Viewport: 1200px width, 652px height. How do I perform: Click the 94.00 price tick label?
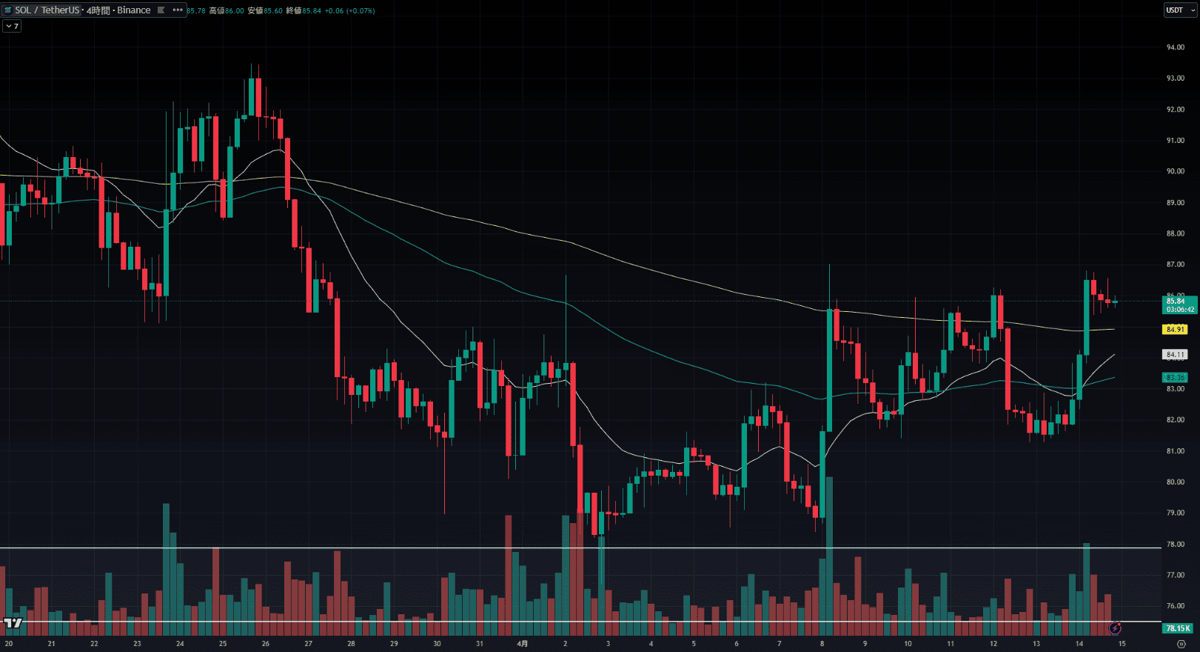click(1175, 47)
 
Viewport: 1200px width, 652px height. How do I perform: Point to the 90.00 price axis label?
click(1175, 171)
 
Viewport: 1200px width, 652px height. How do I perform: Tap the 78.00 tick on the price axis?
click(1175, 544)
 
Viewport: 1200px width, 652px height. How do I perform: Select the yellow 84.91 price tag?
click(1175, 329)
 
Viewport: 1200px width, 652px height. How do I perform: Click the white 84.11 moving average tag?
click(1175, 355)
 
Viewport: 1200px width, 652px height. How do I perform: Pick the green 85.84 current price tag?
click(1177, 302)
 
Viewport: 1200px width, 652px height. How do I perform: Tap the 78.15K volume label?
click(1177, 628)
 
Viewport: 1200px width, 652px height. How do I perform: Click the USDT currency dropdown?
click(1179, 10)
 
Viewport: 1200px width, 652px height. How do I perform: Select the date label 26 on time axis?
click(266, 644)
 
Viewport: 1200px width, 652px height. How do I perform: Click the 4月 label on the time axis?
click(523, 644)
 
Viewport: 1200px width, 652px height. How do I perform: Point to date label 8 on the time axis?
click(822, 644)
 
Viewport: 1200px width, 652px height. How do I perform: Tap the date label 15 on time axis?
click(1122, 644)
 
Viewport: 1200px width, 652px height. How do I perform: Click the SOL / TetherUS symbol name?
click(47, 10)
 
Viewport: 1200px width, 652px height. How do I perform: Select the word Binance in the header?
click(133, 10)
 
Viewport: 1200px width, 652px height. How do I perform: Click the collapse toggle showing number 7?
click(12, 26)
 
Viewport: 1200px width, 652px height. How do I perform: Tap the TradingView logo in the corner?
click(13, 623)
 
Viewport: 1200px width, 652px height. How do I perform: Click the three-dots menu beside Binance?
click(178, 10)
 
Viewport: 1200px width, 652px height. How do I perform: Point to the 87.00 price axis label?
click(1175, 265)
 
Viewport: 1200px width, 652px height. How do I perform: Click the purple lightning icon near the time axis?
click(1115, 628)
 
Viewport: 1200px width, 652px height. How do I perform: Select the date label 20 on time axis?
click(9, 644)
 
